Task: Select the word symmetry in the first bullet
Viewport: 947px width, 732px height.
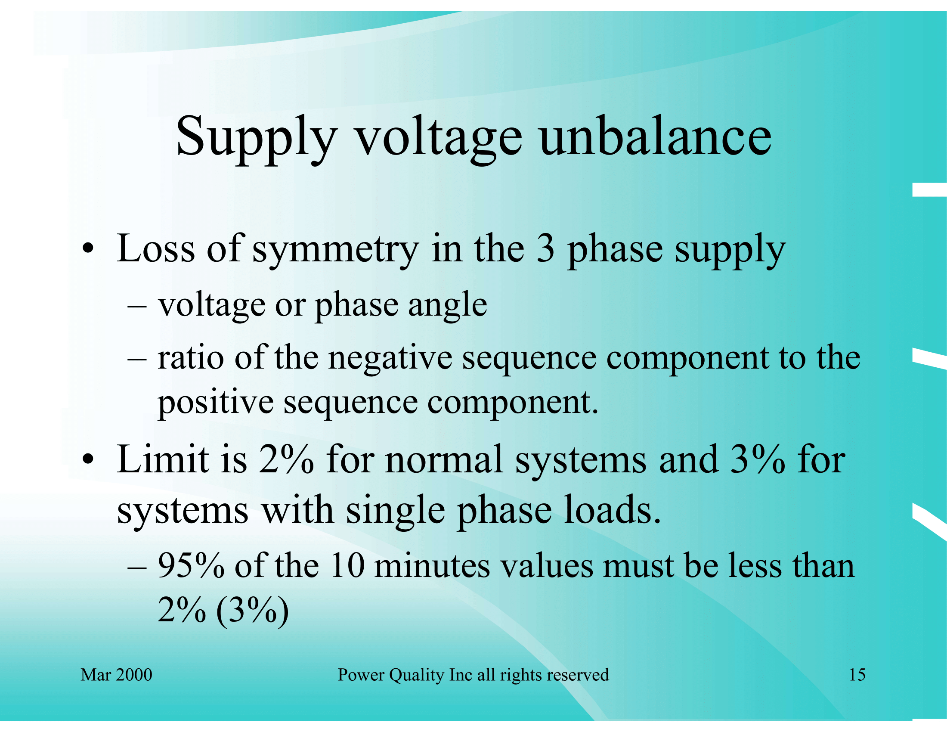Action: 336,251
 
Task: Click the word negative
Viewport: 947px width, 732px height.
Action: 390,359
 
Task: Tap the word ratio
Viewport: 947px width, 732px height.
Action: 191,358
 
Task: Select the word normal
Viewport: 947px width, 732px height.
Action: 444,460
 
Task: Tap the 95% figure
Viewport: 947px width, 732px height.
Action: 191,566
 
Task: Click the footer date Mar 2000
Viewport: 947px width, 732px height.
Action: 116,675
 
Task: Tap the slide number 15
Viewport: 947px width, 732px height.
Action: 857,675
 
